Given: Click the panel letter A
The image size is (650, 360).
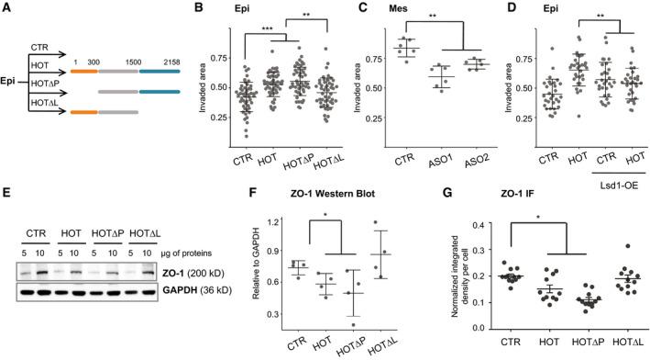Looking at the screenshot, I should [x=7, y=9].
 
